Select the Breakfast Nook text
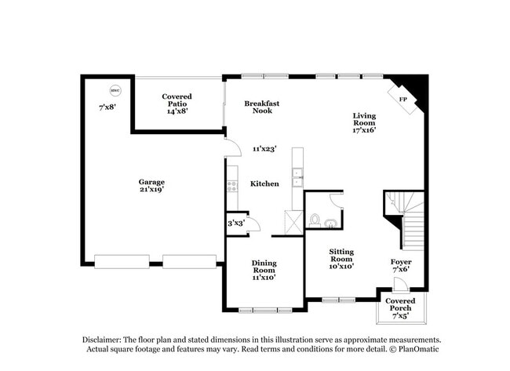(x=262, y=107)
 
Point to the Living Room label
(x=363, y=122)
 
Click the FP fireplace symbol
(x=403, y=100)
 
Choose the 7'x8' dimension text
(x=107, y=107)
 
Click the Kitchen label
(x=264, y=184)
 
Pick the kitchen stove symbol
(x=232, y=187)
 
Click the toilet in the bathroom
(x=315, y=220)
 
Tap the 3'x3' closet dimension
(x=236, y=224)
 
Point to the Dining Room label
(x=264, y=270)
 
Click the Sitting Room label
(x=341, y=259)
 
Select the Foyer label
(x=401, y=266)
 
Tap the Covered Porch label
(x=400, y=305)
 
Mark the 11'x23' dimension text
(x=264, y=148)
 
